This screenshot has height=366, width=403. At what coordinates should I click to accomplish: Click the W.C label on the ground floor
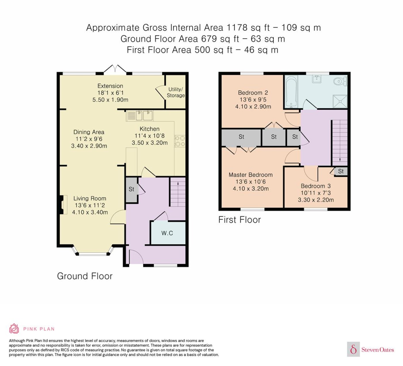167,233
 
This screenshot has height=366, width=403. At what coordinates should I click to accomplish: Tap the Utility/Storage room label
176,92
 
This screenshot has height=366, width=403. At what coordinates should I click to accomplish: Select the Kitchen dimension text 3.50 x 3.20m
150,143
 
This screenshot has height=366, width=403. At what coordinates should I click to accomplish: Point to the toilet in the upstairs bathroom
340,81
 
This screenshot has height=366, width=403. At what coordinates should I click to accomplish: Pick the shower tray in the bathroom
340,101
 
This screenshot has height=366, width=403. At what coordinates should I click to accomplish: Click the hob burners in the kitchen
180,141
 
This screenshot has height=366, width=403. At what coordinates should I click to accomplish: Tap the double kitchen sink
145,116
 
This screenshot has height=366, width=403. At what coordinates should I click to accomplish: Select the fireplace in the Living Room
63,204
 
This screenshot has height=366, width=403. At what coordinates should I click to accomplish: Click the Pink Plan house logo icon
14,329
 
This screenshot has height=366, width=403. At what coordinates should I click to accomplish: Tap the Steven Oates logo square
353,349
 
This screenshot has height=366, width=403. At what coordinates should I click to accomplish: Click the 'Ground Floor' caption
85,276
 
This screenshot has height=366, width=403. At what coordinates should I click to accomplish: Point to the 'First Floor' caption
239,220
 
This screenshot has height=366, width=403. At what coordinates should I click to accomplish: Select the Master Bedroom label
251,175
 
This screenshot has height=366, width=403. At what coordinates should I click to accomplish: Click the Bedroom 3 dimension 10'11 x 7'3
315,193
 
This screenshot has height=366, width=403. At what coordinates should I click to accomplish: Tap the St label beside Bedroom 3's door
341,171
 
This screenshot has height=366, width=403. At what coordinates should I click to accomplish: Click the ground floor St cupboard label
131,189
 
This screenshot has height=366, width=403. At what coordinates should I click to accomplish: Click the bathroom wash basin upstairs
317,79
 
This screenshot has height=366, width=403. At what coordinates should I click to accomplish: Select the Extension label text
110,86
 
